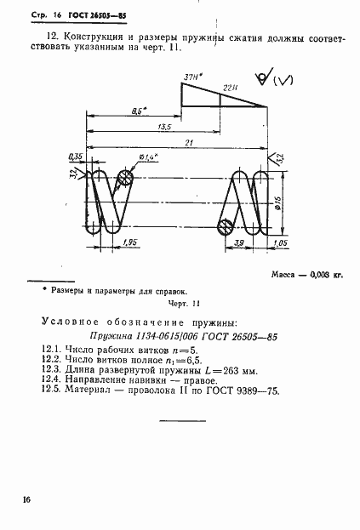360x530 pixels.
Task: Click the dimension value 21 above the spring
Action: pyautogui.click(x=178, y=141)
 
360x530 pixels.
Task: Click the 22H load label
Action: pyautogui.click(x=230, y=88)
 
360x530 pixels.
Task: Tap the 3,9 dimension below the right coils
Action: pyautogui.click(x=239, y=243)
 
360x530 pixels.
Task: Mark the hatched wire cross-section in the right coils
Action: pyautogui.click(x=226, y=227)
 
